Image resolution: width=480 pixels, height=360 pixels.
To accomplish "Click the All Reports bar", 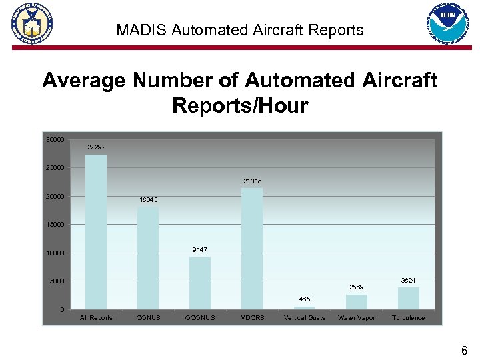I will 96,231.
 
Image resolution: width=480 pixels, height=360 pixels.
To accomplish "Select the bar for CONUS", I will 148,258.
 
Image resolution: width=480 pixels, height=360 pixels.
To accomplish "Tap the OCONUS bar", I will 200,283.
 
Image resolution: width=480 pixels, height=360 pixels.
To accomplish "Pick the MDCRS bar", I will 252,248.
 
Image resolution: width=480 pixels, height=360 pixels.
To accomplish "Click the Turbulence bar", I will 408,298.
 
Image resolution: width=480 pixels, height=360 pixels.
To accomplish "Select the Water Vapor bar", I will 357,302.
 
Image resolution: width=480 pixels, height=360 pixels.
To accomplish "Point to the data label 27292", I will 96,147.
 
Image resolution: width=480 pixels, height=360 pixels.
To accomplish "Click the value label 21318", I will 252,181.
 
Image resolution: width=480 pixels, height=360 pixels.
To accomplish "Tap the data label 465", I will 304,299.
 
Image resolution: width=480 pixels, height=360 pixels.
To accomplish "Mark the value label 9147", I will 200,249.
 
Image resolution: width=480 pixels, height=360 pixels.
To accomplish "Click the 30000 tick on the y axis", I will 55,140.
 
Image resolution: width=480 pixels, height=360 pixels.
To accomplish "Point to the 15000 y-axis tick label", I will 55,225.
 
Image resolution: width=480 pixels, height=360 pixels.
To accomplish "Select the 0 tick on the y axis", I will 61,310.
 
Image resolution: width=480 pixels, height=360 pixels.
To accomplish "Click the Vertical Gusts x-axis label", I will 304,318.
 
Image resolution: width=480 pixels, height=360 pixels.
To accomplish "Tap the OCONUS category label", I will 200,318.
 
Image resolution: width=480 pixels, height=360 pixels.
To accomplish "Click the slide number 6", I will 465,350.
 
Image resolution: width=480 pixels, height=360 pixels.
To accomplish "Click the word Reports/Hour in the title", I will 240,106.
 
